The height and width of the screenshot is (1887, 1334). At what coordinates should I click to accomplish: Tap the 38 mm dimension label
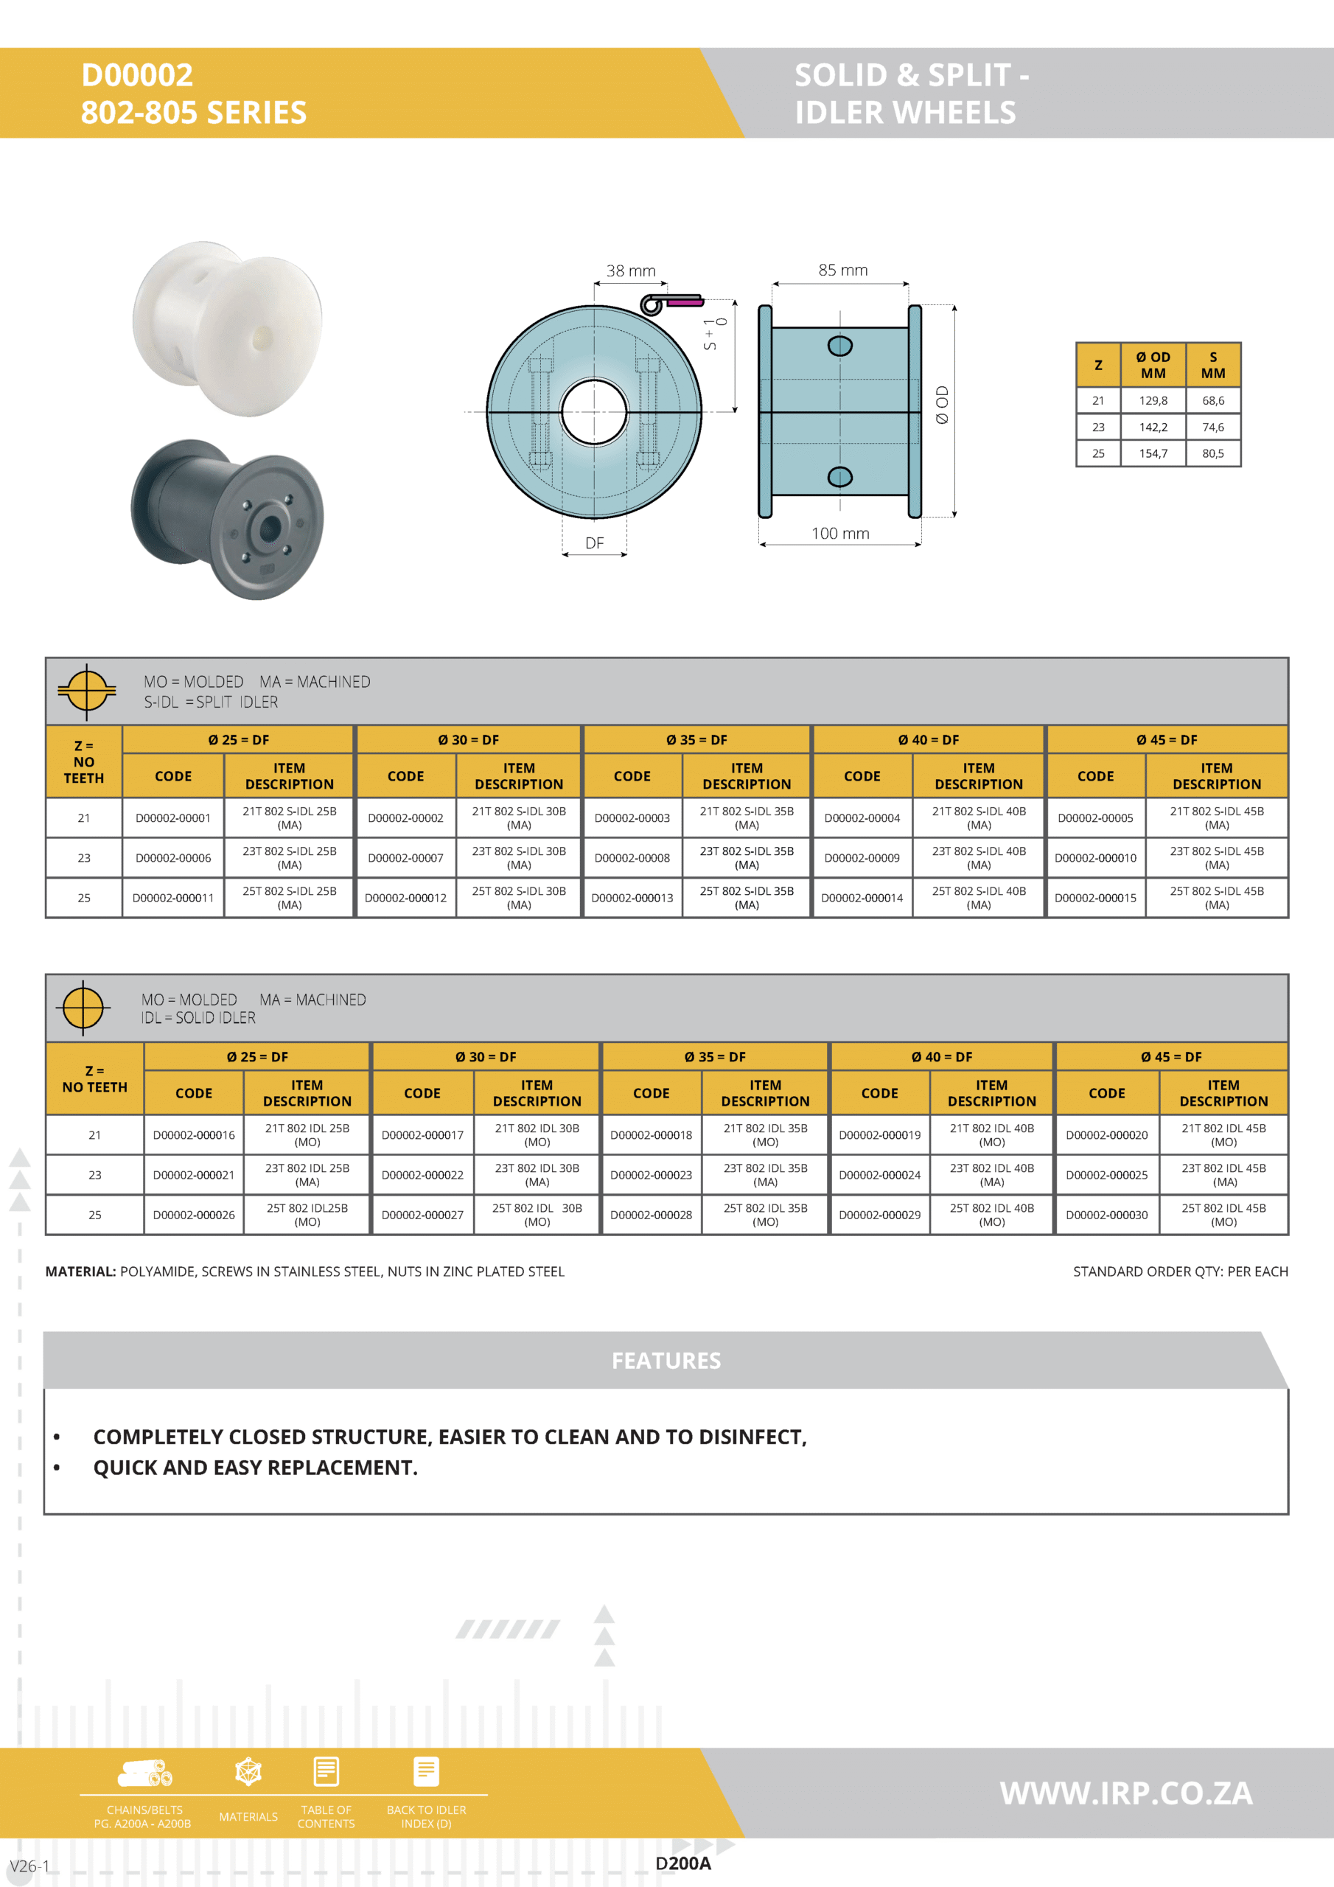pos(630,271)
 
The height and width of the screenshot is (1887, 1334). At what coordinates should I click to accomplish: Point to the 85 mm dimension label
pos(842,271)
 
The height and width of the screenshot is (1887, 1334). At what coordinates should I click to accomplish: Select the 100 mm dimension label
pos(840,534)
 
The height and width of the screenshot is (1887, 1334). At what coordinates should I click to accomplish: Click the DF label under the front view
pos(594,543)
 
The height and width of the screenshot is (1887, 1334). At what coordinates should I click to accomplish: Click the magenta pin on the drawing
pos(685,301)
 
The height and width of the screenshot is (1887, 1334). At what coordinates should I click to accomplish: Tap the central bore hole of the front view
pos(594,412)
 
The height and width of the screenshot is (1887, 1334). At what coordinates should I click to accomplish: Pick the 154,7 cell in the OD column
pos(1153,453)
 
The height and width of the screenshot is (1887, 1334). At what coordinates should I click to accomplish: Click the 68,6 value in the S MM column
pos(1212,401)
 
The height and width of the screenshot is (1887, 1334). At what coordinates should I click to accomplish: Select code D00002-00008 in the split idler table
pos(632,858)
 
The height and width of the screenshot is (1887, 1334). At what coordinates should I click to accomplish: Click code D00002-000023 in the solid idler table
pos(651,1175)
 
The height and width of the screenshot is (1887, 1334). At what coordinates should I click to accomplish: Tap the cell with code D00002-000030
pos(1106,1215)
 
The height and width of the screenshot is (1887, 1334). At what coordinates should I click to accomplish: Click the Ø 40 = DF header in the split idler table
pos(928,739)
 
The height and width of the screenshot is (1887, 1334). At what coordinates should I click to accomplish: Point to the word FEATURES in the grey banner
pos(666,1361)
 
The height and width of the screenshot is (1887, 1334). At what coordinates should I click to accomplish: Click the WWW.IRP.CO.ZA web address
pos(1125,1793)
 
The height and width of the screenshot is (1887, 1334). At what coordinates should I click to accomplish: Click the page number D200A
pos(683,1864)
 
